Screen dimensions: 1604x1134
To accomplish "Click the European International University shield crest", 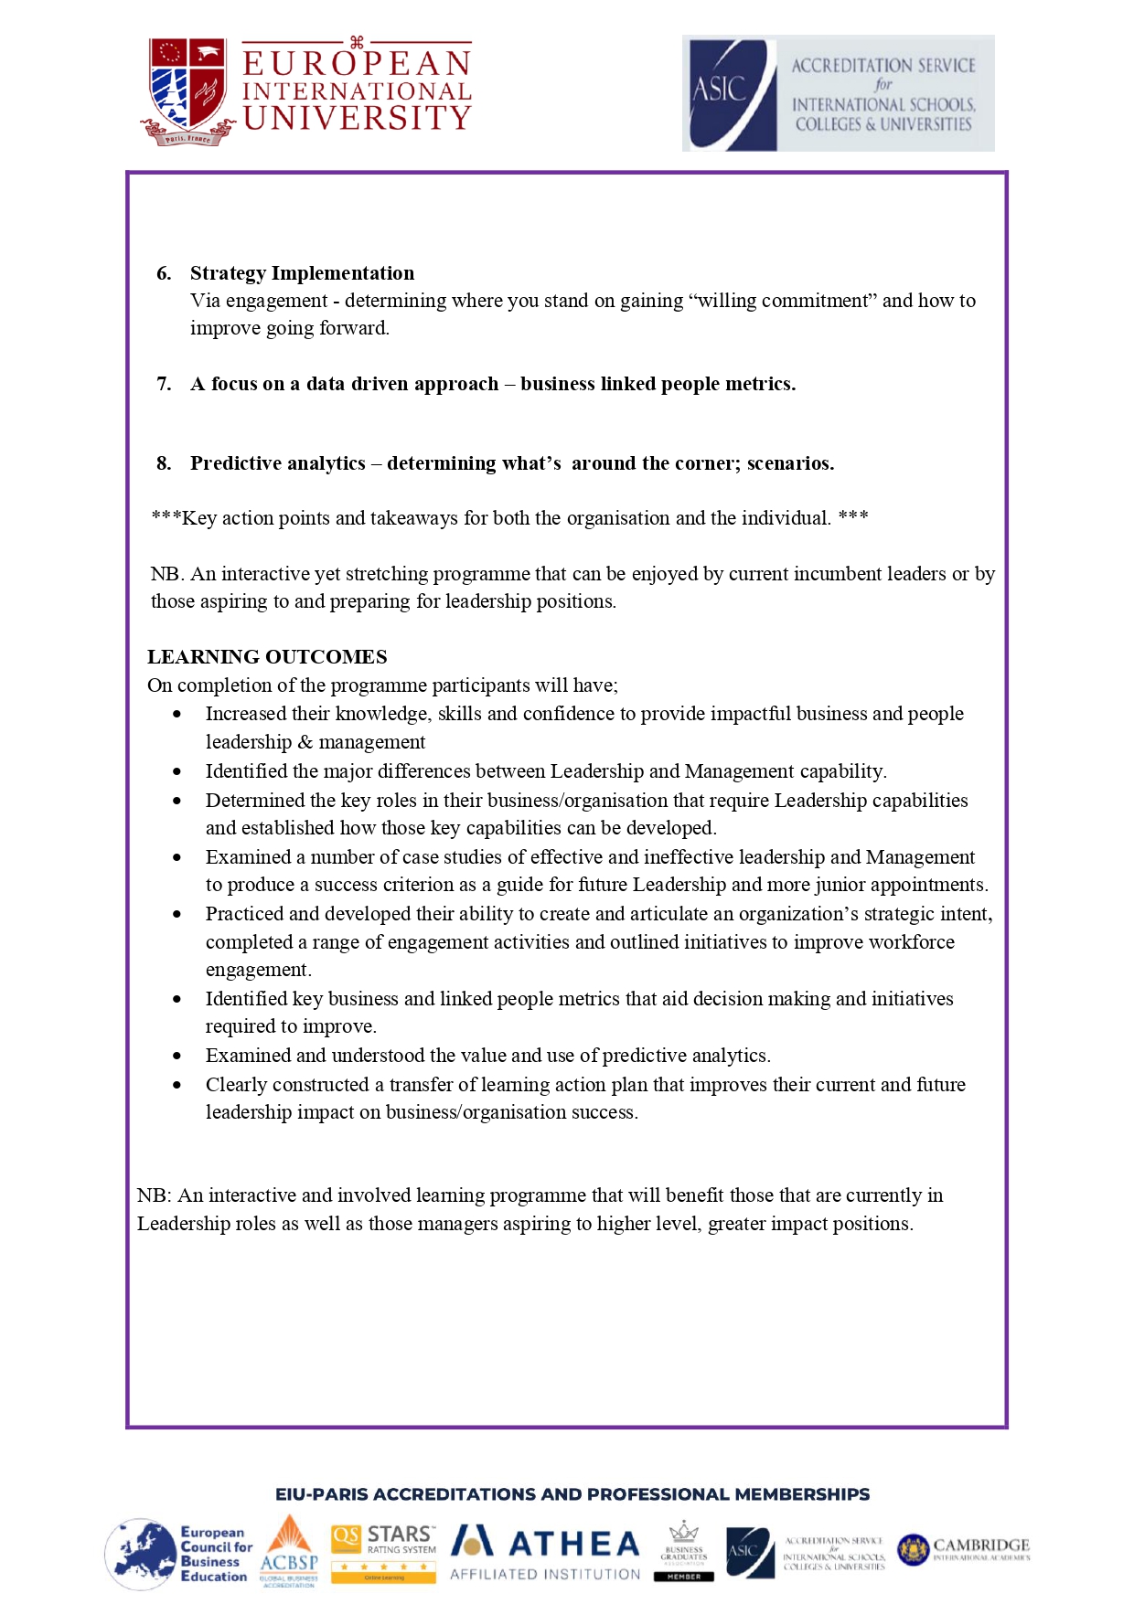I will pyautogui.click(x=188, y=90).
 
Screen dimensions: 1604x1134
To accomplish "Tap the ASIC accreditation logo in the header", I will pyautogui.click(x=838, y=93).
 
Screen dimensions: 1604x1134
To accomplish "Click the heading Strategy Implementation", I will pyautogui.click(x=302, y=273).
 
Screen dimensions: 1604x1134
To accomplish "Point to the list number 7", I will pyautogui.click(x=164, y=384).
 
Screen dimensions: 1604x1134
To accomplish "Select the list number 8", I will pyautogui.click(x=164, y=463).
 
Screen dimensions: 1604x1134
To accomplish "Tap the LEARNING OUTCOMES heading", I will pyautogui.click(x=267, y=657).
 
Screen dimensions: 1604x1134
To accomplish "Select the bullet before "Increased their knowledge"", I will pyautogui.click(x=177, y=715).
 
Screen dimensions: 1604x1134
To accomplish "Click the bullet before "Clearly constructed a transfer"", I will pyautogui.click(x=177, y=1086).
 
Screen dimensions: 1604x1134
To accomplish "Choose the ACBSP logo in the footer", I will pyautogui.click(x=289, y=1552).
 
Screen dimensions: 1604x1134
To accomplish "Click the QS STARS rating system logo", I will pyautogui.click(x=383, y=1552).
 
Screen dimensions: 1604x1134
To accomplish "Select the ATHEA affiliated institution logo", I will pyautogui.click(x=546, y=1552).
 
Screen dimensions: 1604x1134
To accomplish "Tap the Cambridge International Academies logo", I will pyautogui.click(x=964, y=1550).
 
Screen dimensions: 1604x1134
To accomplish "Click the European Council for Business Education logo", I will pyautogui.click(x=177, y=1554).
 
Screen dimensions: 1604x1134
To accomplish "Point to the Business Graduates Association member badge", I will pyautogui.click(x=684, y=1551).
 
